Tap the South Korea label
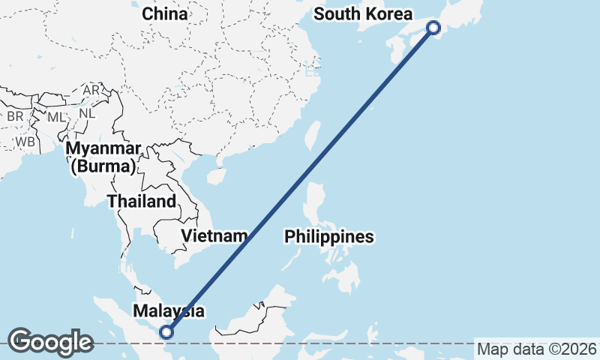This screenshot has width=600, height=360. coord(363,14)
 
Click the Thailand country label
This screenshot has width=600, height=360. coord(142,201)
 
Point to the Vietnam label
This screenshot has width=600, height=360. coord(214,236)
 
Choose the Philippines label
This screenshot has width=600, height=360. coord(328,237)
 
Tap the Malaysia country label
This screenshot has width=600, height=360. coord(168,310)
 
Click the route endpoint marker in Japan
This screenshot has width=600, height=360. coord(433,28)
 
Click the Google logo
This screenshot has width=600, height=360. coord(50,342)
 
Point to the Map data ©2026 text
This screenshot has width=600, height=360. coord(537,349)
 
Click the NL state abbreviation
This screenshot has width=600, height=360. coord(87,113)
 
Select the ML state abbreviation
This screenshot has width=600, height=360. coord(56,117)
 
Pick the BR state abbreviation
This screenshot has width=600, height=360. coord(15,116)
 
